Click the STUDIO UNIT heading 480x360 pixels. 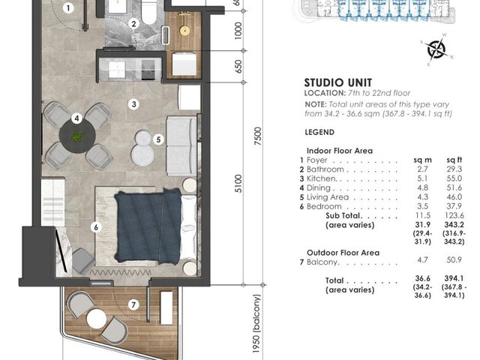pos(338,82)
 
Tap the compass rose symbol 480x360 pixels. pos(436,49)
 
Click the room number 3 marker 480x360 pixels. pos(133,104)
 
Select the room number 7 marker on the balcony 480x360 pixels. pos(133,304)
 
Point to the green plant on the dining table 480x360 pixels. pos(77,136)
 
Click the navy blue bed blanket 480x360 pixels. pos(148,226)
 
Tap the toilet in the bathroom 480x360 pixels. pos(149,11)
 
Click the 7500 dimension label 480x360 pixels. pos(258,136)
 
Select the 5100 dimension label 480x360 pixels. pos(238,184)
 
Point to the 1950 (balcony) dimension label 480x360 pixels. pos(256,324)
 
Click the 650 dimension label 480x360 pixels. pos(238,67)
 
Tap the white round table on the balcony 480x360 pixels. pos(97,319)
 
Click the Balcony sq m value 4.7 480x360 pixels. pos(422,260)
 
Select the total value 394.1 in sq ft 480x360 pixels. pos(454,278)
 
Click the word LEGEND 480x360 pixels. pos(319,132)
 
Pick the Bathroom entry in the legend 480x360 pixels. pos(325,169)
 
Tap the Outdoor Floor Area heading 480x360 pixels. pos(343,253)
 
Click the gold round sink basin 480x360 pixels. pos(184,30)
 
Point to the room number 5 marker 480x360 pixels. pos(158,139)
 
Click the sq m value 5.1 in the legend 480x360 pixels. pos(422,178)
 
